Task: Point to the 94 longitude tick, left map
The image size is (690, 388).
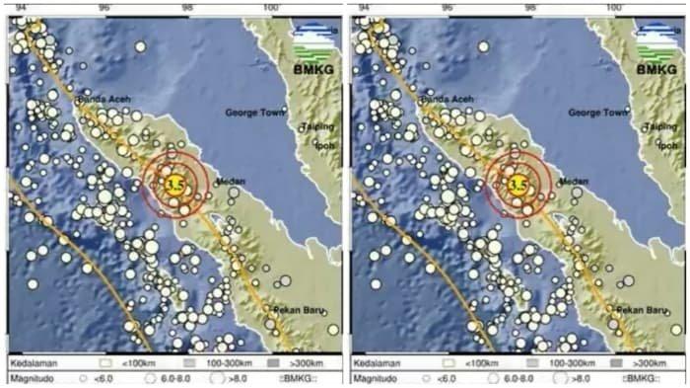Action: pyautogui.click(x=21, y=8)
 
